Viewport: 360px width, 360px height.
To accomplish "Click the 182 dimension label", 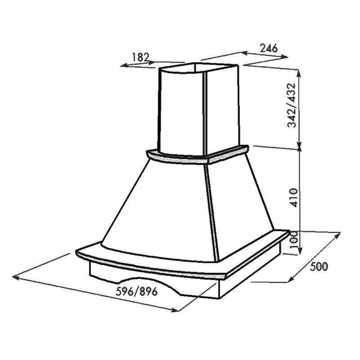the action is pos(141,57).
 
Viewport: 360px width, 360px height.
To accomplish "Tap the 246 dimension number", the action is pos(269,48).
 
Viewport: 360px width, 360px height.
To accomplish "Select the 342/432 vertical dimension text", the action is pos(292,105).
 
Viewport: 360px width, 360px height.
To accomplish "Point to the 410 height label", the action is pos(293,198).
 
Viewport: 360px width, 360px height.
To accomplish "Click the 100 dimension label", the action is pos(294,240).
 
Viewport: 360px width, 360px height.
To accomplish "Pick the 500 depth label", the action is pos(319,266).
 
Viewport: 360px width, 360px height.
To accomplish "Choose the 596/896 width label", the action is pos(137,292).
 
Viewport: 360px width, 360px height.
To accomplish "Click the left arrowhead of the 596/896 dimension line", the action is pos(15,278).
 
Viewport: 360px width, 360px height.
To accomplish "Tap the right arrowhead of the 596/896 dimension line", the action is pos(175,310).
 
